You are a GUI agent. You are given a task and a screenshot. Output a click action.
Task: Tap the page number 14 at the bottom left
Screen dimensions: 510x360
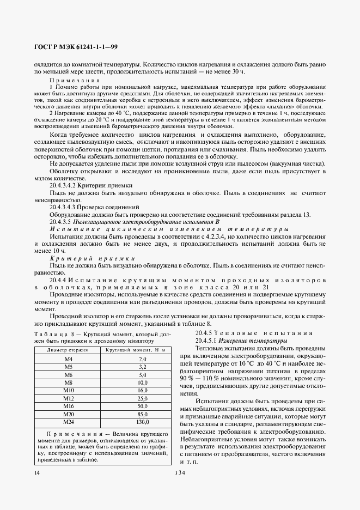coord(36,472)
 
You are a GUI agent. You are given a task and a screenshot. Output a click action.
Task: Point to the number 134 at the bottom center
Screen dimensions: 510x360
coord(180,472)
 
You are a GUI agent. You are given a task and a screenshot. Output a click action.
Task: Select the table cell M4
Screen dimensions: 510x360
coord(69,359)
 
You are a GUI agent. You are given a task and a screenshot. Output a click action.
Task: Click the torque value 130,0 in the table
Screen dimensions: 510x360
coord(143,422)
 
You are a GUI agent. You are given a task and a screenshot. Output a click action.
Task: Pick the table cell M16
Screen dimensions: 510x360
coord(69,406)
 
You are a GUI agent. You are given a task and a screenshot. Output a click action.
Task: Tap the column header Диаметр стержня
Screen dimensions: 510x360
coord(69,350)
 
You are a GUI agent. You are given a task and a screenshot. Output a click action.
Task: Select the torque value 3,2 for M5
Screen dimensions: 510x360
coord(143,367)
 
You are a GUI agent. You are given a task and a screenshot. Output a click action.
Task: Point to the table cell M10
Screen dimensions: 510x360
coord(69,391)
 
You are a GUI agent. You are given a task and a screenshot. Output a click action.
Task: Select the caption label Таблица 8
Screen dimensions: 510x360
coord(52,333)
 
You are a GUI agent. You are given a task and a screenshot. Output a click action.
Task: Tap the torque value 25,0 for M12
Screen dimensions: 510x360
coord(143,398)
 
